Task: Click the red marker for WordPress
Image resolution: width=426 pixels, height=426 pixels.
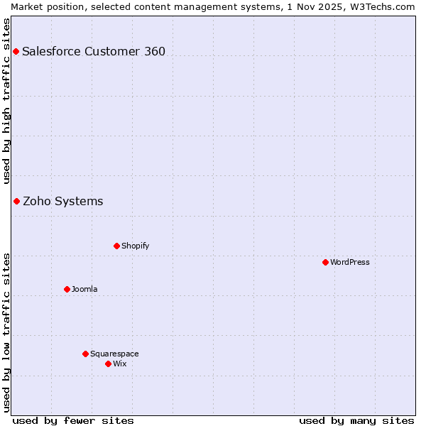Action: [325, 262]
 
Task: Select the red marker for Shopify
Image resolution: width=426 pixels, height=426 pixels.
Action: [116, 246]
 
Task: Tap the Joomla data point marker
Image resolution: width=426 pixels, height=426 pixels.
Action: [67, 289]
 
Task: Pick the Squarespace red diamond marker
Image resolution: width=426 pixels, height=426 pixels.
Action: [85, 354]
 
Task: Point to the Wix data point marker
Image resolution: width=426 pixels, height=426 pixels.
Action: [108, 364]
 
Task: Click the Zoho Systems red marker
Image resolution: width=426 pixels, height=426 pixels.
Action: [16, 201]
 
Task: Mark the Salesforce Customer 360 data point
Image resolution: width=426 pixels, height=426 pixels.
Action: [16, 51]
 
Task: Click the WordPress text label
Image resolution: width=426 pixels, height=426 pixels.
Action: [350, 262]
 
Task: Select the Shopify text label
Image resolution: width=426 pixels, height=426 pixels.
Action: [136, 246]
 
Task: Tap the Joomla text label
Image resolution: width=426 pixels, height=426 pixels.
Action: [84, 289]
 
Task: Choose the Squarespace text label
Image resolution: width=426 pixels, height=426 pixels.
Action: [114, 354]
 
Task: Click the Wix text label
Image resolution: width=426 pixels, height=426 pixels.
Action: [120, 364]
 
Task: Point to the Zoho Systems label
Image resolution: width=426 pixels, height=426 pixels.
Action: [63, 201]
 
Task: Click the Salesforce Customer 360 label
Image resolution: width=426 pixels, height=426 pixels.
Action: [94, 51]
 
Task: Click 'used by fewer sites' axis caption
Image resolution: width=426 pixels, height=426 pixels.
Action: [73, 420]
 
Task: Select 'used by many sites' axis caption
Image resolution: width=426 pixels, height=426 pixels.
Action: [356, 420]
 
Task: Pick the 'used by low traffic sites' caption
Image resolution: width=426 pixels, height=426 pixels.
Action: [6, 332]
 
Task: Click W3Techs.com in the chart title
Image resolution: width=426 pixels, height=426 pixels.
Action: [386, 6]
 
